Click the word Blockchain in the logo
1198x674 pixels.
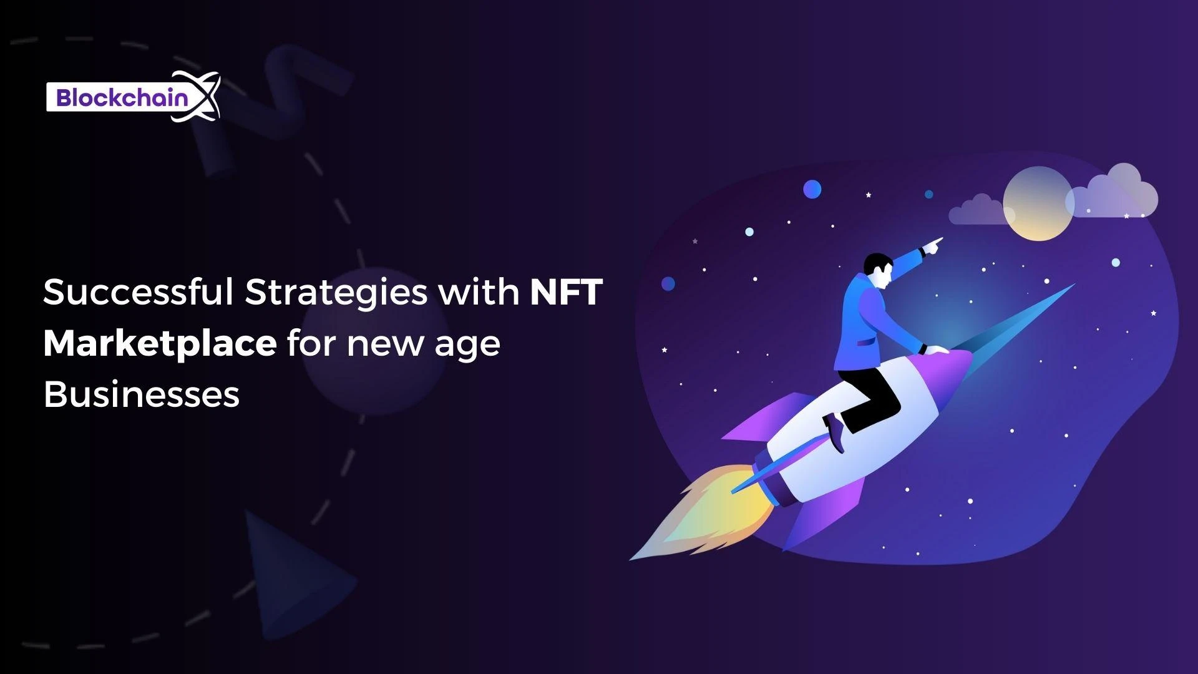[122, 98]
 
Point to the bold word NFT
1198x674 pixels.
[566, 291]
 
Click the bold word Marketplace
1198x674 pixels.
[160, 344]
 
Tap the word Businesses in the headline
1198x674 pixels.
[142, 394]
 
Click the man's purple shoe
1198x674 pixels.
[834, 432]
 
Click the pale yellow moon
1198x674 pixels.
[1037, 203]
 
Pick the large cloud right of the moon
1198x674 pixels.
[1117, 193]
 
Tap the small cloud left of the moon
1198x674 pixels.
[977, 211]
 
